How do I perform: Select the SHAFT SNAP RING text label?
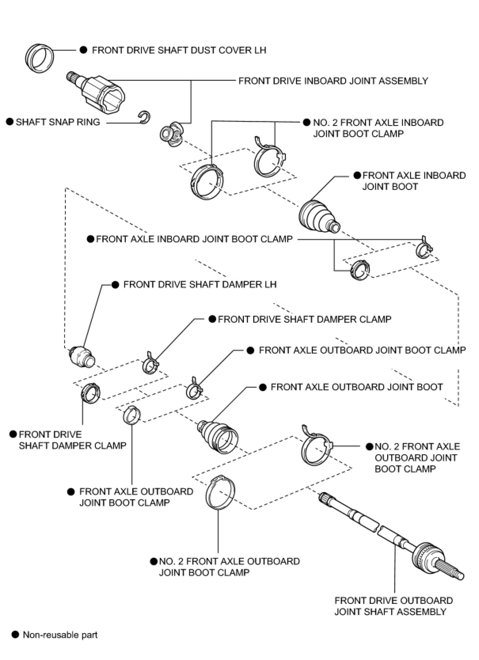coord(58,122)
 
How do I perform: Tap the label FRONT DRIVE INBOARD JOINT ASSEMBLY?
coord(333,81)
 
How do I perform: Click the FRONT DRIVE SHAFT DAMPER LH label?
coord(200,284)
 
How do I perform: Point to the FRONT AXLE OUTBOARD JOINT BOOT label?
coord(357,387)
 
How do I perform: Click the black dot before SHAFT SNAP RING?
coord(10,122)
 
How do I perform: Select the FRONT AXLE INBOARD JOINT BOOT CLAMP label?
coord(194,239)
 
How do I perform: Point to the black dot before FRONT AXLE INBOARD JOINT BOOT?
coord(357,175)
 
